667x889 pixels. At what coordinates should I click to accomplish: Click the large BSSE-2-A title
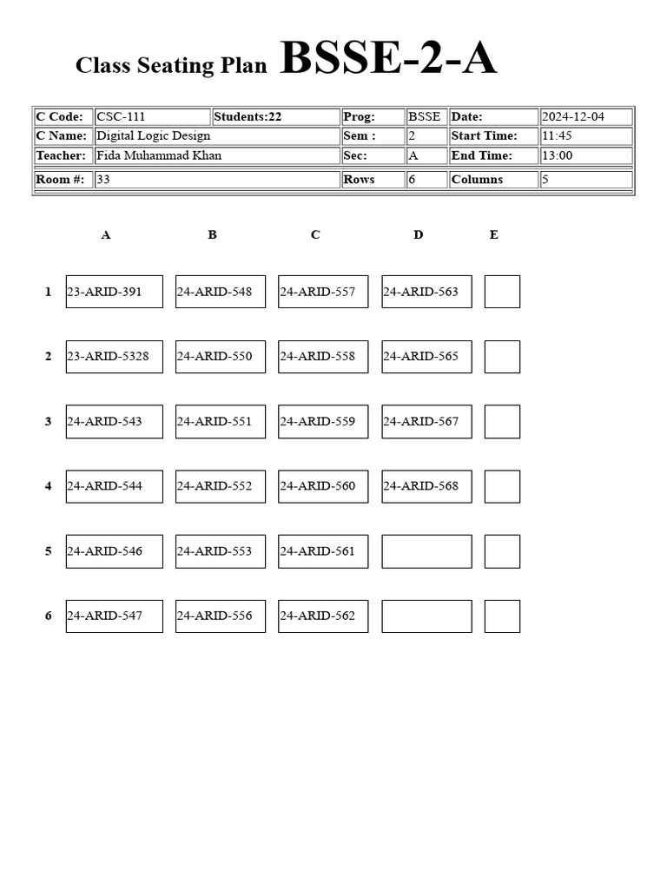(388, 59)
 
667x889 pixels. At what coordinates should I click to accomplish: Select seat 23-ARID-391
(114, 292)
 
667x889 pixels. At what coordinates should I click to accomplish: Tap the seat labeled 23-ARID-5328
(114, 357)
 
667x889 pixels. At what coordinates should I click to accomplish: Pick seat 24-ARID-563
(426, 292)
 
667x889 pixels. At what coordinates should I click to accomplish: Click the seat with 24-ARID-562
(323, 616)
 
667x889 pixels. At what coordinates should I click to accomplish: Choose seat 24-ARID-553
(220, 551)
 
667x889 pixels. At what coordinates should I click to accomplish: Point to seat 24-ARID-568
(426, 486)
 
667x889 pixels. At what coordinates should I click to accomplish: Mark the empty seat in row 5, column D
(426, 551)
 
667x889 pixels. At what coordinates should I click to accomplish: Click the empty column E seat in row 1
(502, 292)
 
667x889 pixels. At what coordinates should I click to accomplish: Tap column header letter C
(315, 235)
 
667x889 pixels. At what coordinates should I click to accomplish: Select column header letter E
(494, 235)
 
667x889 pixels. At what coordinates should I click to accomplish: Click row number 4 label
(49, 486)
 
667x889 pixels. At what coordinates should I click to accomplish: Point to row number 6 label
(49, 616)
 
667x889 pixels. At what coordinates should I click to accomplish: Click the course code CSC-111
(152, 117)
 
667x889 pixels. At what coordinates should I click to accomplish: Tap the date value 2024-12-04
(585, 117)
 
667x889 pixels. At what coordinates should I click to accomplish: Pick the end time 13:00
(585, 156)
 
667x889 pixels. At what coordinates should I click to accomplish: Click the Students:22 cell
(275, 117)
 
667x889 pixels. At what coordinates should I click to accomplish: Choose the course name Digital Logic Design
(216, 136)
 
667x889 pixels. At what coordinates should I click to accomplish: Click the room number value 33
(216, 180)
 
